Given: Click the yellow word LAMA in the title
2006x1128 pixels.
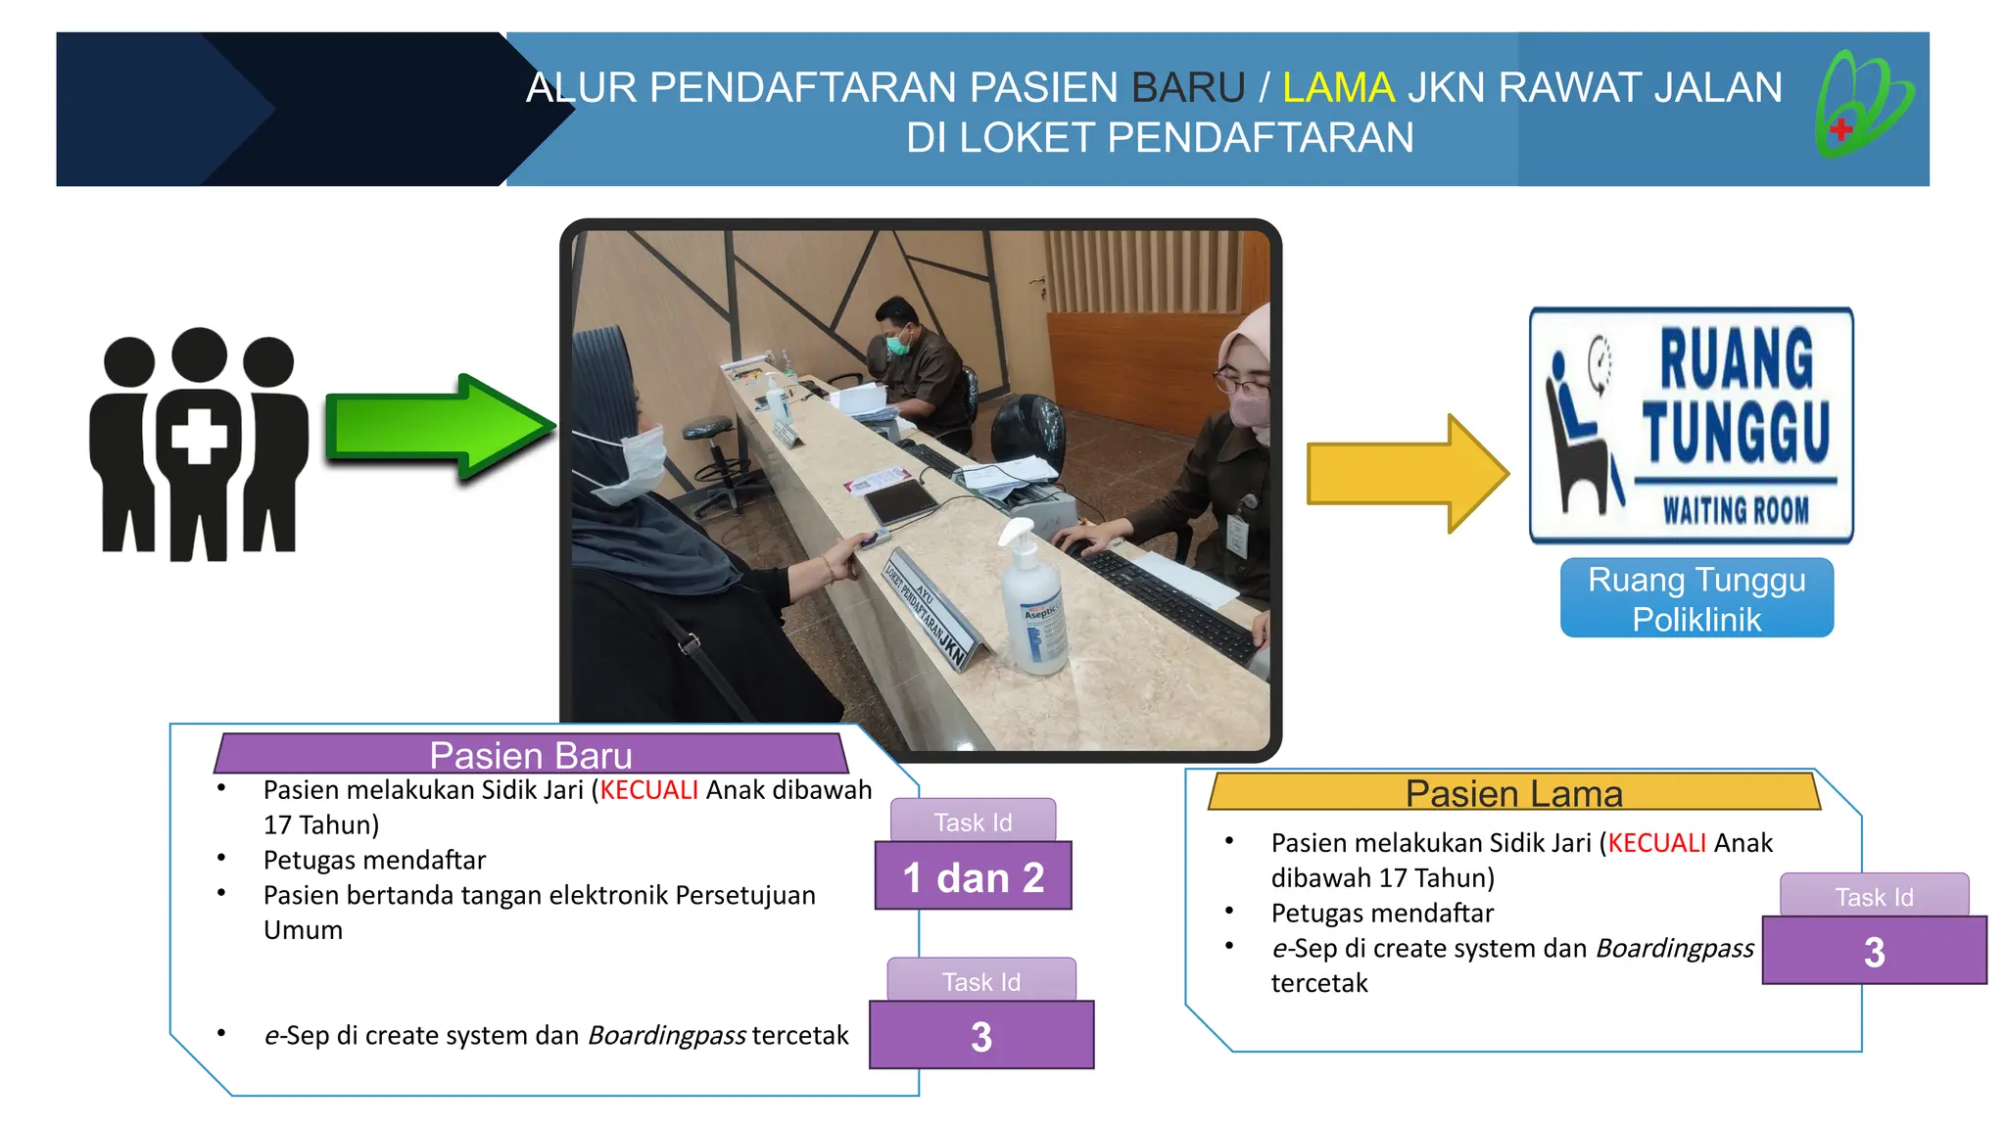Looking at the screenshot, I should (1338, 88).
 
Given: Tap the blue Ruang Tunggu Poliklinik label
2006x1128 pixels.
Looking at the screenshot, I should (1696, 598).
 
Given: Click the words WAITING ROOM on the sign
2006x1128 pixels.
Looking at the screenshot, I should (1735, 510).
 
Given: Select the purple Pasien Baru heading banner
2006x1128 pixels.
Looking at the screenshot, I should (531, 755).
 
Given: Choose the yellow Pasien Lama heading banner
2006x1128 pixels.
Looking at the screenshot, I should (1513, 792).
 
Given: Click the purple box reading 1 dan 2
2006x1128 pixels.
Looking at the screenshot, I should (973, 876).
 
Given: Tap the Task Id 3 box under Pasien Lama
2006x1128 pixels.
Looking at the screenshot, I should (1874, 950).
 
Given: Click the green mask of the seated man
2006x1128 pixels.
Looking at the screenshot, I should (898, 343).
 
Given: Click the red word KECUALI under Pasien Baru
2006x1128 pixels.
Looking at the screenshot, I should (648, 790).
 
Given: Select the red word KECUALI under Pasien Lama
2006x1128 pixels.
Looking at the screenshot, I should (1656, 843).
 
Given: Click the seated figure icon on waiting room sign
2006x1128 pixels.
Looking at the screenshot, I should (1580, 431).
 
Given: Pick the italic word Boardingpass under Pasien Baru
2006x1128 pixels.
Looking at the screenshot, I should (667, 1036).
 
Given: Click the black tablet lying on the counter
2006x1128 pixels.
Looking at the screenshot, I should (900, 501).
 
